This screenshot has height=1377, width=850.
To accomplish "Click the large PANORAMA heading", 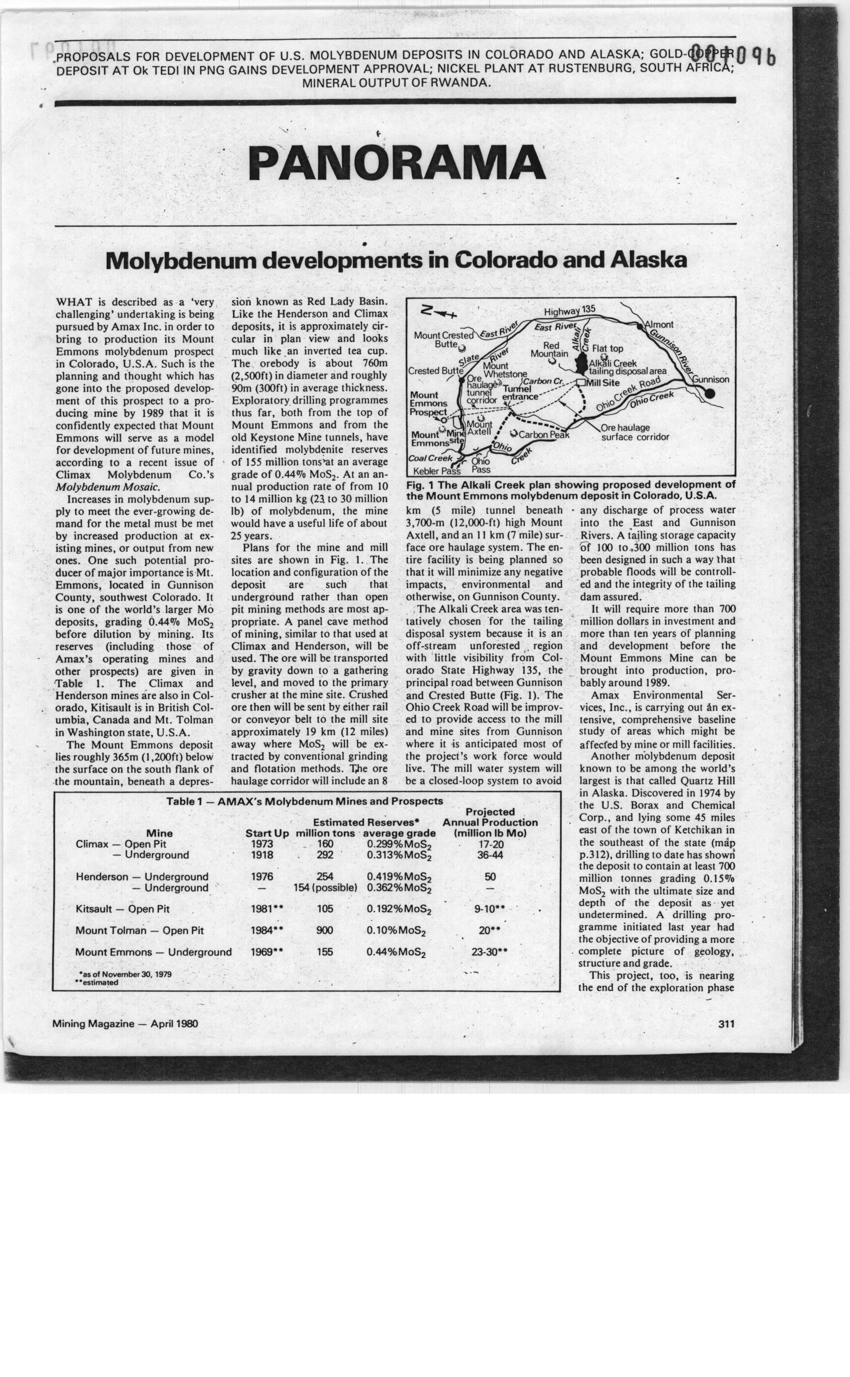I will coord(396,163).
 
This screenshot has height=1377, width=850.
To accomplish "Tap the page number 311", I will coord(727,1023).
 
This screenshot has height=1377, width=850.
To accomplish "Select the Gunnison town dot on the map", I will coord(710,393).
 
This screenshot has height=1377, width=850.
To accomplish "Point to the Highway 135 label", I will coord(569,311).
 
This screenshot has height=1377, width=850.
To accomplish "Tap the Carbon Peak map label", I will coord(544,434).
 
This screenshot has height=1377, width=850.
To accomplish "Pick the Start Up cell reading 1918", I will coord(262,855).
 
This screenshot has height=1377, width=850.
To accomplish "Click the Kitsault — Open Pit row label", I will coord(122,909).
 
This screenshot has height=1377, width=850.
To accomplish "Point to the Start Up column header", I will coord(267,833).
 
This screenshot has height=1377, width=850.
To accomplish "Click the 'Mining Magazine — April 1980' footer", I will coord(125,1023).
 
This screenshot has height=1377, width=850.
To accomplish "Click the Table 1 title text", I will coord(304,801).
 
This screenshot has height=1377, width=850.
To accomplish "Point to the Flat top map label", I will coord(607,349).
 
